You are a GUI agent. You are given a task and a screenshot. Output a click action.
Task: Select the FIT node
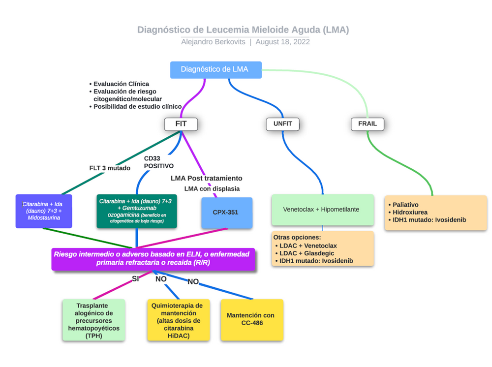pos(181,124)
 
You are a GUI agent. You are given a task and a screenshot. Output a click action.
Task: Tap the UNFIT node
pos(282,124)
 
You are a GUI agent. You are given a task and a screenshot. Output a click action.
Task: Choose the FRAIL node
pos(367,124)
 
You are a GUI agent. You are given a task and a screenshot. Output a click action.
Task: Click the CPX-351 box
pos(227,213)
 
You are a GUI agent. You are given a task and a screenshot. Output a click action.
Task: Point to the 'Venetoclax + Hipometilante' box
pos(322,210)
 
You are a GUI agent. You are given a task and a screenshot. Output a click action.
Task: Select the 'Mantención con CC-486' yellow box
pos(251,319)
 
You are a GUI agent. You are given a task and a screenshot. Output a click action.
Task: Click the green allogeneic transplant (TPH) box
pos(93,320)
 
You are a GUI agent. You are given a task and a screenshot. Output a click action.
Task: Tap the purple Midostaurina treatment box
pos(44,211)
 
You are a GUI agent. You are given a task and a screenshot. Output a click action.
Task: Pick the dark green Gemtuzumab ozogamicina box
pos(136,212)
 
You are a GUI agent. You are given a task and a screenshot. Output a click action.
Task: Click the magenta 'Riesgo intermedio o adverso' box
pos(153,259)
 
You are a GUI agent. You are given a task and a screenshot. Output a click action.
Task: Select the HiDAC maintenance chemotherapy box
pos(178,320)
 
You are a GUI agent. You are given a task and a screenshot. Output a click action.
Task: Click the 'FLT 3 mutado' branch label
pos(110,168)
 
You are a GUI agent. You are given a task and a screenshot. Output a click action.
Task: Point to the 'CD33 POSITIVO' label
pos(158,162)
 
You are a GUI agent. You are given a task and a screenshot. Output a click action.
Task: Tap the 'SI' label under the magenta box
pos(135,279)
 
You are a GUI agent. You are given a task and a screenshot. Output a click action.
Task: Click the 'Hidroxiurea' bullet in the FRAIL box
pos(410,212)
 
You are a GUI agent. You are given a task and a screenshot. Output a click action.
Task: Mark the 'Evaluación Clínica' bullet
pos(121,84)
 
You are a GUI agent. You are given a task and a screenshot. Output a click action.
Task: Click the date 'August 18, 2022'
pos(282,42)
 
